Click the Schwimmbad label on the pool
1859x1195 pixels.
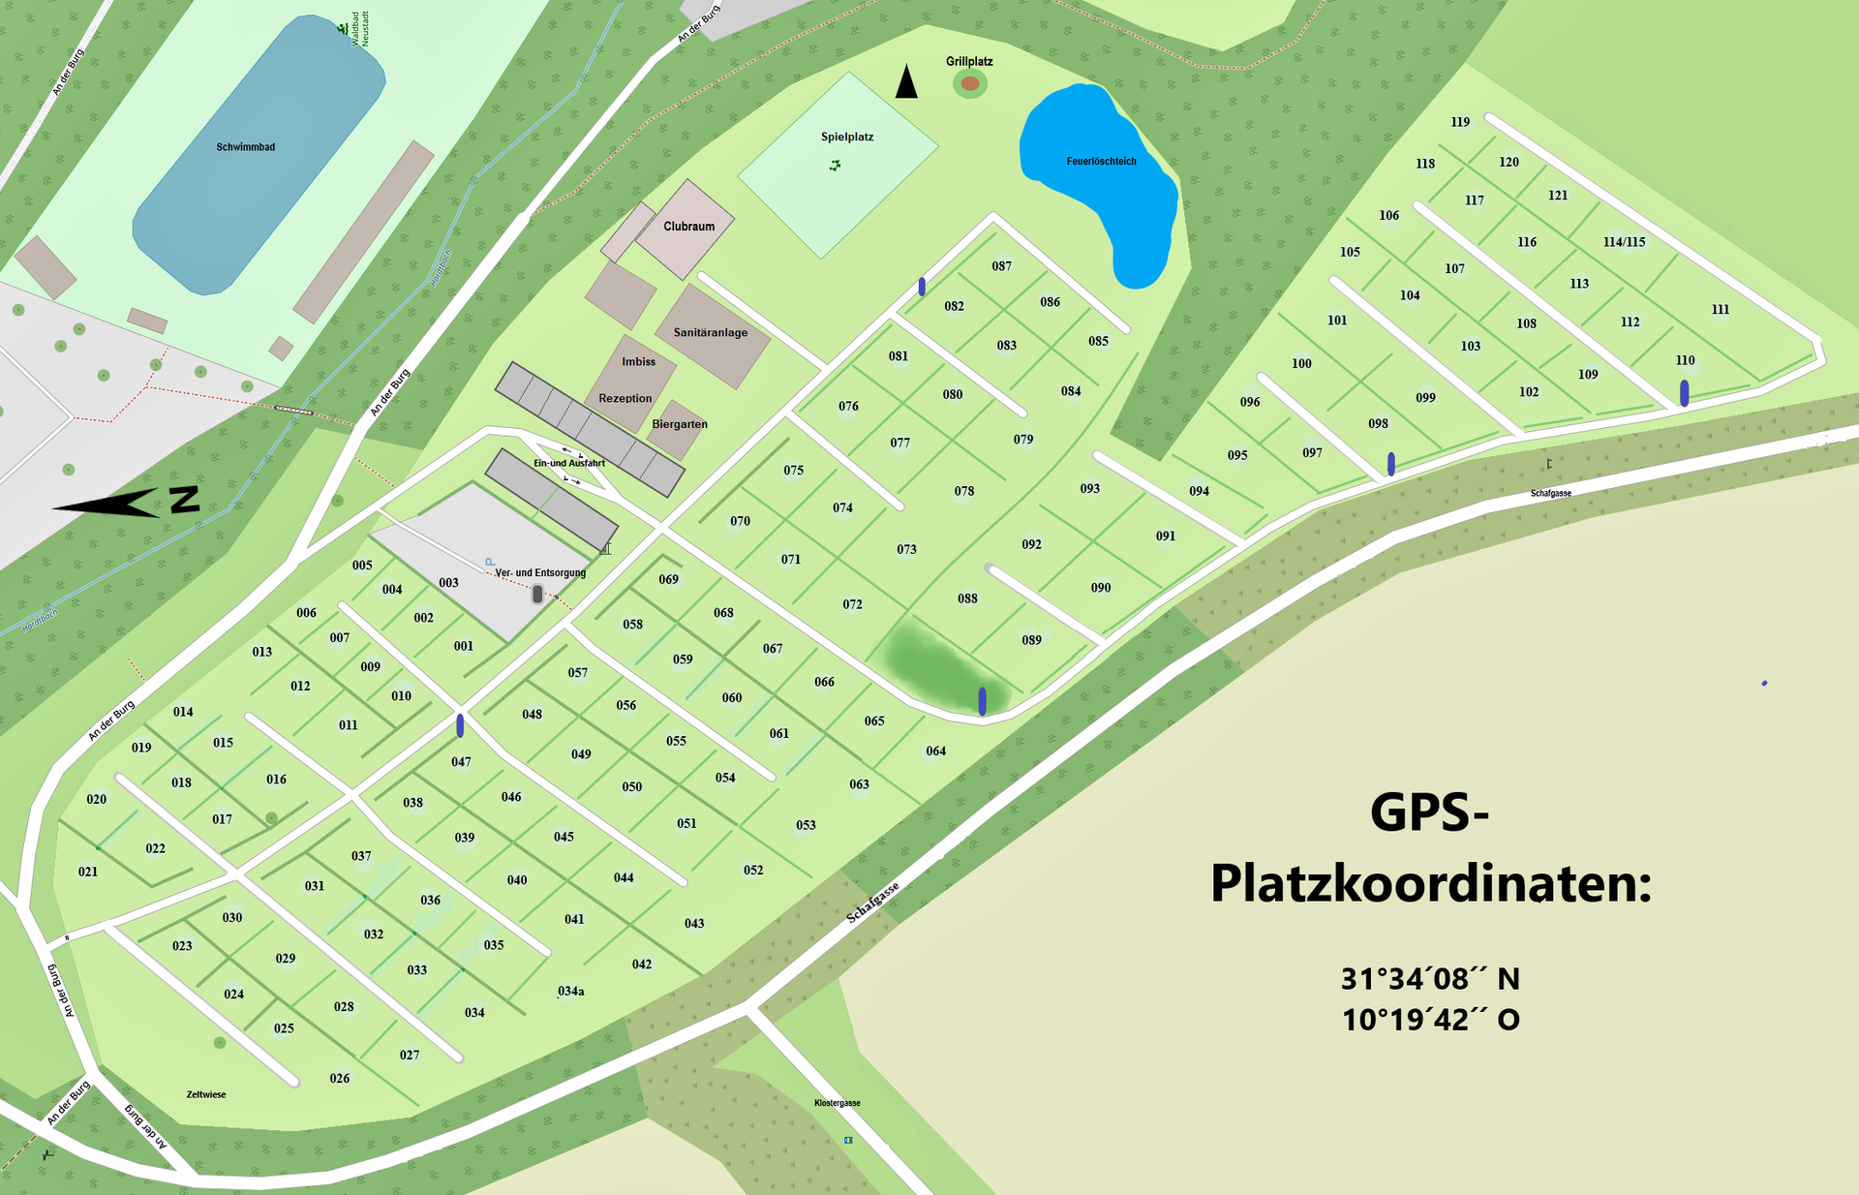tap(245, 147)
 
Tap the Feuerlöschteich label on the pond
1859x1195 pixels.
tap(1101, 161)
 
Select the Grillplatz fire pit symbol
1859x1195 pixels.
tap(970, 84)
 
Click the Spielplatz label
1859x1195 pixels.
tap(847, 137)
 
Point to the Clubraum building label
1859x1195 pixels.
tap(688, 227)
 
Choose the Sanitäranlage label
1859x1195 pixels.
tap(710, 332)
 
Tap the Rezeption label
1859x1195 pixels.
tap(625, 398)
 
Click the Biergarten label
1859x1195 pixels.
tap(679, 424)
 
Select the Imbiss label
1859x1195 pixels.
tap(638, 361)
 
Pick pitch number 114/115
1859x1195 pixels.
tap(1624, 242)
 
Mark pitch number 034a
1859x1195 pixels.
tap(571, 991)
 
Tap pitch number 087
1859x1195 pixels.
tap(1001, 266)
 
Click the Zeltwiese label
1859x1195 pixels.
tap(205, 1094)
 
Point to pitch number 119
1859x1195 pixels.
tap(1460, 122)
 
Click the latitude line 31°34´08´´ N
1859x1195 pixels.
tap(1430, 979)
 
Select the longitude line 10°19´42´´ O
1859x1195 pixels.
tap(1430, 1020)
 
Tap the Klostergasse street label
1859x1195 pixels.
tap(837, 1103)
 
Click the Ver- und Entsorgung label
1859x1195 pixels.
tap(540, 572)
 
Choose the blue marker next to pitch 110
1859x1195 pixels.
tap(1684, 392)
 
